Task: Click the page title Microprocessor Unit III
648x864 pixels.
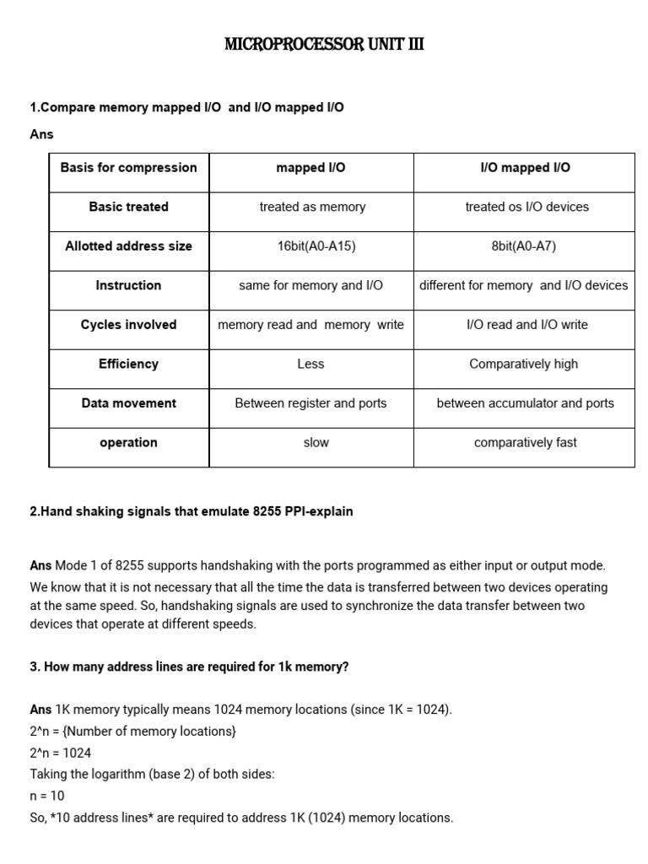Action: (324, 45)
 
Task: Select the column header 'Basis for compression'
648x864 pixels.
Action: (128, 167)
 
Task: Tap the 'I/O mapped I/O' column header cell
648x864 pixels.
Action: (524, 167)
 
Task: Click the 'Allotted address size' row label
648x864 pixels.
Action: (128, 246)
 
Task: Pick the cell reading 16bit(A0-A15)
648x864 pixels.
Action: (310, 246)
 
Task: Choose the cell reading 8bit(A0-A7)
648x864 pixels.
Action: (524, 246)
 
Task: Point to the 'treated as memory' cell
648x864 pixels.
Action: (312, 207)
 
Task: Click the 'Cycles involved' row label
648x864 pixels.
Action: (128, 325)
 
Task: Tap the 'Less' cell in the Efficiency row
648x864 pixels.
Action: (310, 364)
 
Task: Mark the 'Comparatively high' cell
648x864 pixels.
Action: (524, 364)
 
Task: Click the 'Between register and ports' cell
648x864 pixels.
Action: (310, 403)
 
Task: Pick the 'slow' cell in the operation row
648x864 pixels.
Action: (316, 442)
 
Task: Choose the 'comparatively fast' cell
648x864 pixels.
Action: (525, 442)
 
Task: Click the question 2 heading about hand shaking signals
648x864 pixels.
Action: (192, 511)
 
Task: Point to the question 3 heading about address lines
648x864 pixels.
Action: (189, 667)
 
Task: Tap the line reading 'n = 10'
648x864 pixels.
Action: (47, 796)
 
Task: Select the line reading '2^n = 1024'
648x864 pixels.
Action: (61, 753)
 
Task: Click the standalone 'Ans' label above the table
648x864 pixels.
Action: (41, 134)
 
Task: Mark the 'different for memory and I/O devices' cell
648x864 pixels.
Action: (524, 285)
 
